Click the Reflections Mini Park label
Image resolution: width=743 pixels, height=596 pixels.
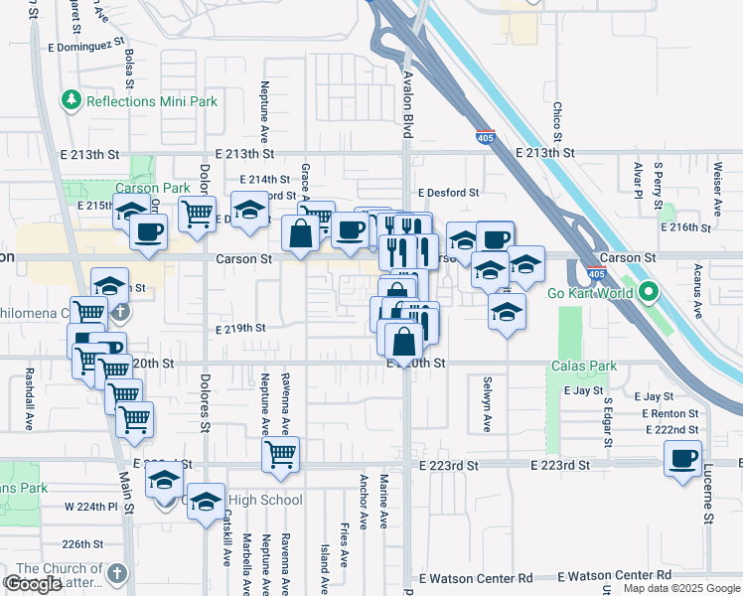pos(135,100)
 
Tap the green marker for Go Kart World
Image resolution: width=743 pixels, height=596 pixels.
pos(650,292)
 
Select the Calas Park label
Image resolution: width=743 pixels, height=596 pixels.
pos(583,367)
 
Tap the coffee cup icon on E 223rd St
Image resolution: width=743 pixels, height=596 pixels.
pos(682,458)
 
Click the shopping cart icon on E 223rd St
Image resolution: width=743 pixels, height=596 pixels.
pos(281,455)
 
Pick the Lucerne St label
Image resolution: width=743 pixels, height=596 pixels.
pos(709,494)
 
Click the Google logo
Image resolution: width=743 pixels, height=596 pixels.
pos(34,584)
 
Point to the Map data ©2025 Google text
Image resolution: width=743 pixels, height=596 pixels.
pos(681,588)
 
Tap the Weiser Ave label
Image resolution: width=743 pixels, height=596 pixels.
pos(716,189)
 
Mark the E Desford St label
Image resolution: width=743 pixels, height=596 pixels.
pos(448,193)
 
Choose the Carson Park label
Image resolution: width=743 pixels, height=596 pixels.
pos(152,188)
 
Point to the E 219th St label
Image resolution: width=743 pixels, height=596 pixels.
pos(240,328)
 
